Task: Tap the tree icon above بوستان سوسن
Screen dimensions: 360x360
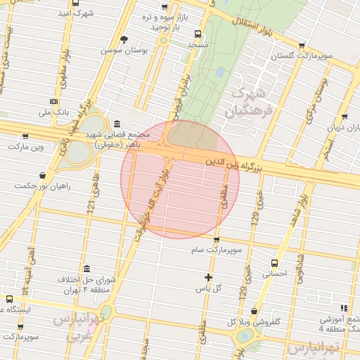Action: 124,39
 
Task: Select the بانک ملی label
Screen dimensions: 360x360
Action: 54,112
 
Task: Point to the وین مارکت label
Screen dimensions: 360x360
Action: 27,147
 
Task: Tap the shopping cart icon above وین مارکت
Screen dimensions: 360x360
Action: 26,136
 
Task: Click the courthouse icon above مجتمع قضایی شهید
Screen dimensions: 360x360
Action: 116,122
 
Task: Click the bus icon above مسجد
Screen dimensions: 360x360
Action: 198,33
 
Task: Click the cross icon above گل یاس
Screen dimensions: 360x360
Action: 208,277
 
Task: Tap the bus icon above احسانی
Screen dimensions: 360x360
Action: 274,263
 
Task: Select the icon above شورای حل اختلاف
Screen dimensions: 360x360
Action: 86,269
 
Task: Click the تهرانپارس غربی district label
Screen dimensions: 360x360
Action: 84,327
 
